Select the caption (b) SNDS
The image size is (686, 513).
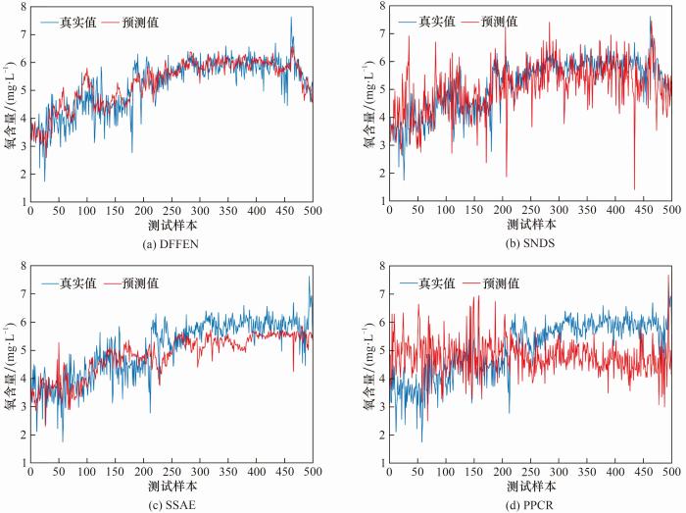(x=531, y=242)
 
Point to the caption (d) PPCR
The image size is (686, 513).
(x=531, y=504)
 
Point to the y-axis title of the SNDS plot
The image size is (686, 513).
(x=368, y=118)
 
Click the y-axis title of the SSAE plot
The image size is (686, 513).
(x=9, y=379)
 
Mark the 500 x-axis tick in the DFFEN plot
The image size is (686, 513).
(x=312, y=210)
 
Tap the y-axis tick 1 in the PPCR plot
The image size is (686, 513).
(x=382, y=462)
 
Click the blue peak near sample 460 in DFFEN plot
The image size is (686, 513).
(x=291, y=17)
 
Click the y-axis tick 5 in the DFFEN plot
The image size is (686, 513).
(x=22, y=90)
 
